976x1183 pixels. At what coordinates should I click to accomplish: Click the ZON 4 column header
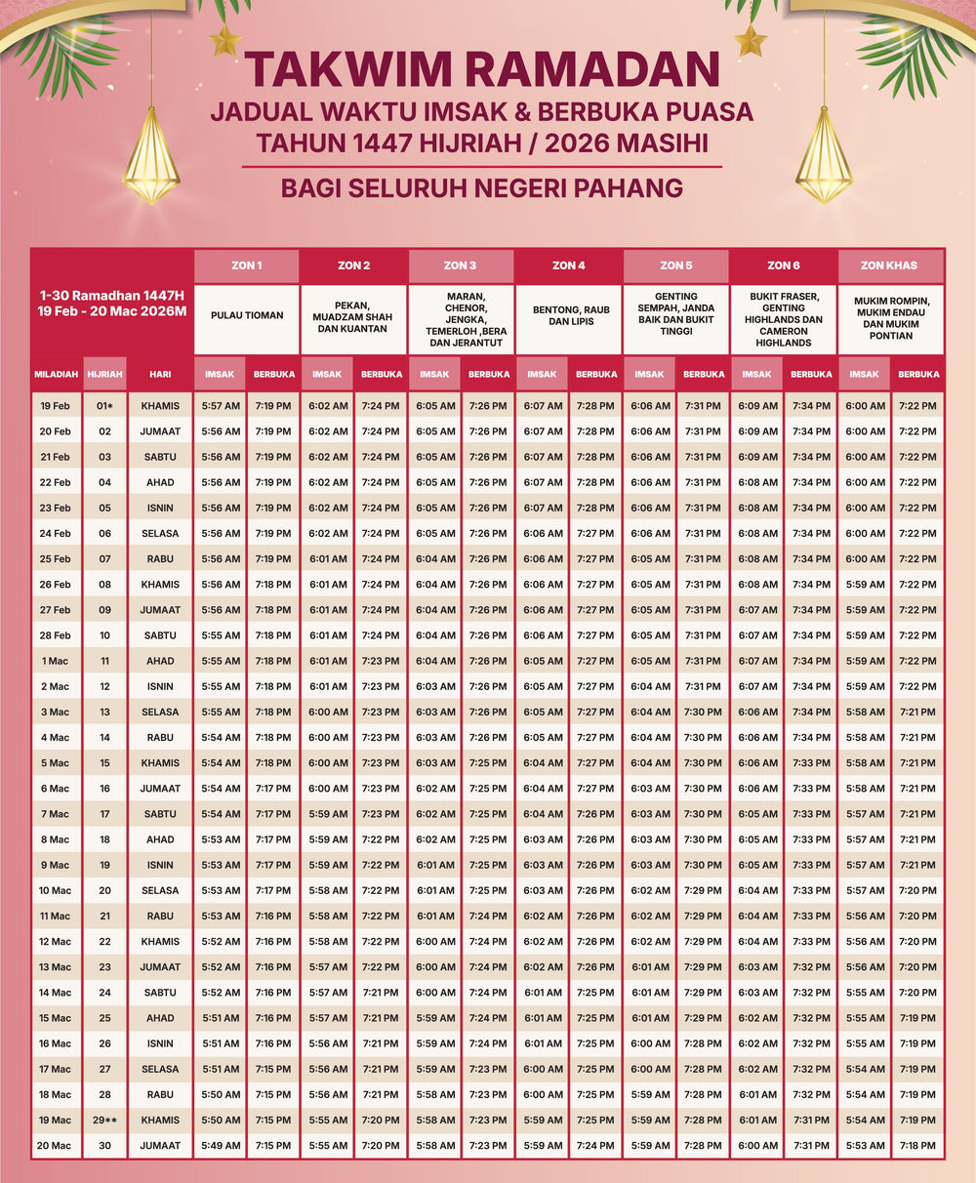[x=568, y=265]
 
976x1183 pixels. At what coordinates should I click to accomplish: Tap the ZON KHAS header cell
[x=890, y=265]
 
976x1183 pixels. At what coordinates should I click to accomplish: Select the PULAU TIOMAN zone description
[x=247, y=315]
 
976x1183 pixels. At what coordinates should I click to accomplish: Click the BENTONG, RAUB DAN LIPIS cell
[x=568, y=315]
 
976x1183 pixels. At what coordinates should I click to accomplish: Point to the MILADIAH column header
[x=56, y=374]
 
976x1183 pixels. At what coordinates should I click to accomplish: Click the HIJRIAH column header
[x=104, y=374]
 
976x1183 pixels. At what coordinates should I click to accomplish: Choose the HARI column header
[x=160, y=374]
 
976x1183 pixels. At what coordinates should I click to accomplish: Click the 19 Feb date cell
[x=56, y=406]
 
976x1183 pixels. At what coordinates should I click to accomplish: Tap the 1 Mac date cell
[x=56, y=661]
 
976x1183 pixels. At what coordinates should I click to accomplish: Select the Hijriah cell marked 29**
[x=104, y=1121]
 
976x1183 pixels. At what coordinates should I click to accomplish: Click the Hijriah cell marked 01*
[x=104, y=406]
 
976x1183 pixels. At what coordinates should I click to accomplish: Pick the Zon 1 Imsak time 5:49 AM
[x=221, y=1146]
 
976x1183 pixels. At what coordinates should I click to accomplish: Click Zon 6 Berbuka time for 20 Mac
[x=811, y=1146]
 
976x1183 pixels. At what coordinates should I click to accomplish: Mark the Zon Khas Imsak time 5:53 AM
[x=865, y=1146]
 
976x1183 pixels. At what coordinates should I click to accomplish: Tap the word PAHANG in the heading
[x=633, y=186]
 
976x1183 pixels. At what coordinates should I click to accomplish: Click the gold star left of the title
[x=225, y=41]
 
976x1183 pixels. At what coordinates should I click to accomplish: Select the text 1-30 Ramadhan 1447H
[x=112, y=294]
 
